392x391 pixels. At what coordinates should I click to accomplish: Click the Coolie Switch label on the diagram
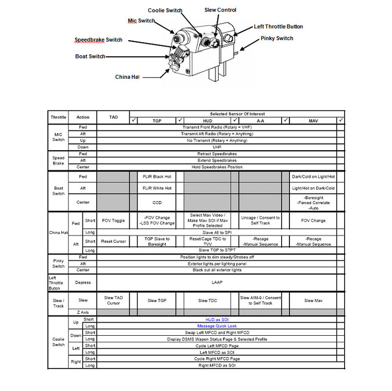[166, 10]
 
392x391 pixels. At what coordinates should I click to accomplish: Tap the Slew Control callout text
[220, 10]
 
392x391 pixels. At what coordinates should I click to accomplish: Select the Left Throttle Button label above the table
[278, 27]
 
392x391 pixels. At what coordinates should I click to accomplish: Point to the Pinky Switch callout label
[277, 39]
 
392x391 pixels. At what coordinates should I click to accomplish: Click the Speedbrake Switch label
[98, 40]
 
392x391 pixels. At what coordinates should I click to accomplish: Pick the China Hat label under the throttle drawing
[128, 77]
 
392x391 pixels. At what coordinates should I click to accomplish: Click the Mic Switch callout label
[142, 21]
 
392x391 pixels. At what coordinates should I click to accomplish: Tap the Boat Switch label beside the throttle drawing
[90, 56]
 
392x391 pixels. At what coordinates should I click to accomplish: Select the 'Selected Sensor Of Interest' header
[237, 114]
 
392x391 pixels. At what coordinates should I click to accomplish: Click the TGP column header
[157, 120]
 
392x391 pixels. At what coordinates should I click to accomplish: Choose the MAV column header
[313, 120]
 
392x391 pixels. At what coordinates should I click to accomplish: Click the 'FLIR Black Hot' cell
[157, 177]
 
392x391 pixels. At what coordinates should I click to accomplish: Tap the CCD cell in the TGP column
[157, 202]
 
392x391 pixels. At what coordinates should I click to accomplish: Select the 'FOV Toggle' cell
[113, 221]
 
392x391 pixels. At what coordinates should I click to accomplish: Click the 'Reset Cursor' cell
[113, 241]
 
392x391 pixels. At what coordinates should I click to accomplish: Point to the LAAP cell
[217, 283]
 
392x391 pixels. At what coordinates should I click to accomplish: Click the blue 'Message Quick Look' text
[217, 326]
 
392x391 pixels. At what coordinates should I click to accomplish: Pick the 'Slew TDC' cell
[210, 301]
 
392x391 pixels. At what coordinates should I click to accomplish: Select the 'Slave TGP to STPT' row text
[217, 250]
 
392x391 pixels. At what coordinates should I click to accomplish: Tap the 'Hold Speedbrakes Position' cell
[217, 167]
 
